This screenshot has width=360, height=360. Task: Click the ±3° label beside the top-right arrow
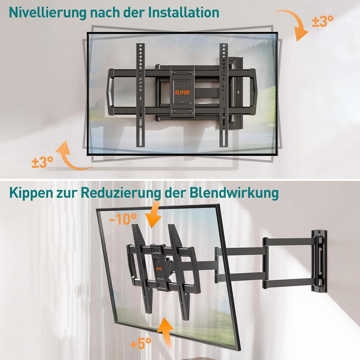point(322,21)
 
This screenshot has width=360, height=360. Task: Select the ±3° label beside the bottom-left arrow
point(42,161)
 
